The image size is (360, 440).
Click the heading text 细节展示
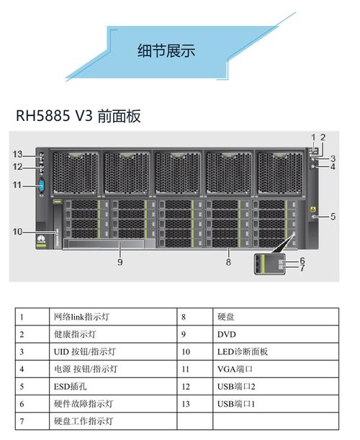(x=167, y=50)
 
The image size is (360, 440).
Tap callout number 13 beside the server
(x=18, y=154)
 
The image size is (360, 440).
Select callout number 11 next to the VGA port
(x=18, y=185)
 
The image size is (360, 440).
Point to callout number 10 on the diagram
(x=18, y=231)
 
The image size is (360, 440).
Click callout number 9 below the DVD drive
(x=120, y=262)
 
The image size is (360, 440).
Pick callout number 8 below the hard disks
(x=228, y=262)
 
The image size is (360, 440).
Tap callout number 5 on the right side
(x=333, y=215)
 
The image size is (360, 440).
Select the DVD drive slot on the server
(x=103, y=245)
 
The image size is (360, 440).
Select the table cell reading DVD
(x=226, y=334)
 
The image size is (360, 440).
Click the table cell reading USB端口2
(x=236, y=386)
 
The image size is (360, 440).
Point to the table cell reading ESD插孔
(x=70, y=386)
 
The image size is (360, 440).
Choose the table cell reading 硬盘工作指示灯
(x=84, y=421)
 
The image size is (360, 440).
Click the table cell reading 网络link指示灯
(x=82, y=317)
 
